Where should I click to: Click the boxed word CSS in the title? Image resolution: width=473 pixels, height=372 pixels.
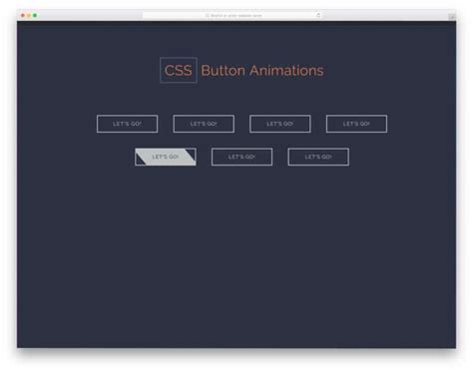[x=178, y=71]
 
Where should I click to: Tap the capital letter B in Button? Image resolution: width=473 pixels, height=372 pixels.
[x=205, y=71]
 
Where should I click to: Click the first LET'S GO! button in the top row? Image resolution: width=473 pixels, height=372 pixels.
[x=127, y=124]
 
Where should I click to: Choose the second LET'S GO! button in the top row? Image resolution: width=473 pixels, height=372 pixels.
[x=204, y=124]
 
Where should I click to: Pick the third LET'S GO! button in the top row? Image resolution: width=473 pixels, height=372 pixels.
[x=279, y=124]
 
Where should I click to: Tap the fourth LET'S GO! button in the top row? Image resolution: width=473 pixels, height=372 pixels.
[x=356, y=124]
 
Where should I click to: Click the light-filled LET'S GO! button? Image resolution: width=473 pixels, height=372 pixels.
[x=166, y=157]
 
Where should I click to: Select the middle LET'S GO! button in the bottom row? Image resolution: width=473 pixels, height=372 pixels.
[x=241, y=157]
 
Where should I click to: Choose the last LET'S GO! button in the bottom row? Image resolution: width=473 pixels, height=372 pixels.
[x=318, y=157]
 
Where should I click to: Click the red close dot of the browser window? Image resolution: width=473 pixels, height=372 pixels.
[x=23, y=16]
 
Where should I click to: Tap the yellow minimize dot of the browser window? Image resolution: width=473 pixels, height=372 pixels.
[x=29, y=16]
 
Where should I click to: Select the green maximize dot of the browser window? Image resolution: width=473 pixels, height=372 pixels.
[x=35, y=16]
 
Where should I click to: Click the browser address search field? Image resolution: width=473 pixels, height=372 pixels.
[x=236, y=16]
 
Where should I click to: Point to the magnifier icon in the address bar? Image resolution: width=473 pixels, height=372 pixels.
[x=207, y=16]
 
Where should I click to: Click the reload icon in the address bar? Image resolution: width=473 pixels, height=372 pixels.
[x=318, y=16]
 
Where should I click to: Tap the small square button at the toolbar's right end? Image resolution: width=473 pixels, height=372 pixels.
[x=450, y=16]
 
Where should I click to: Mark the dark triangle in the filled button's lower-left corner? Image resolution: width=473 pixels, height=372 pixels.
[x=140, y=162]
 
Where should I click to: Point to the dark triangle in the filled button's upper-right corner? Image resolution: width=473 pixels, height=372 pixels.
[x=191, y=152]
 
